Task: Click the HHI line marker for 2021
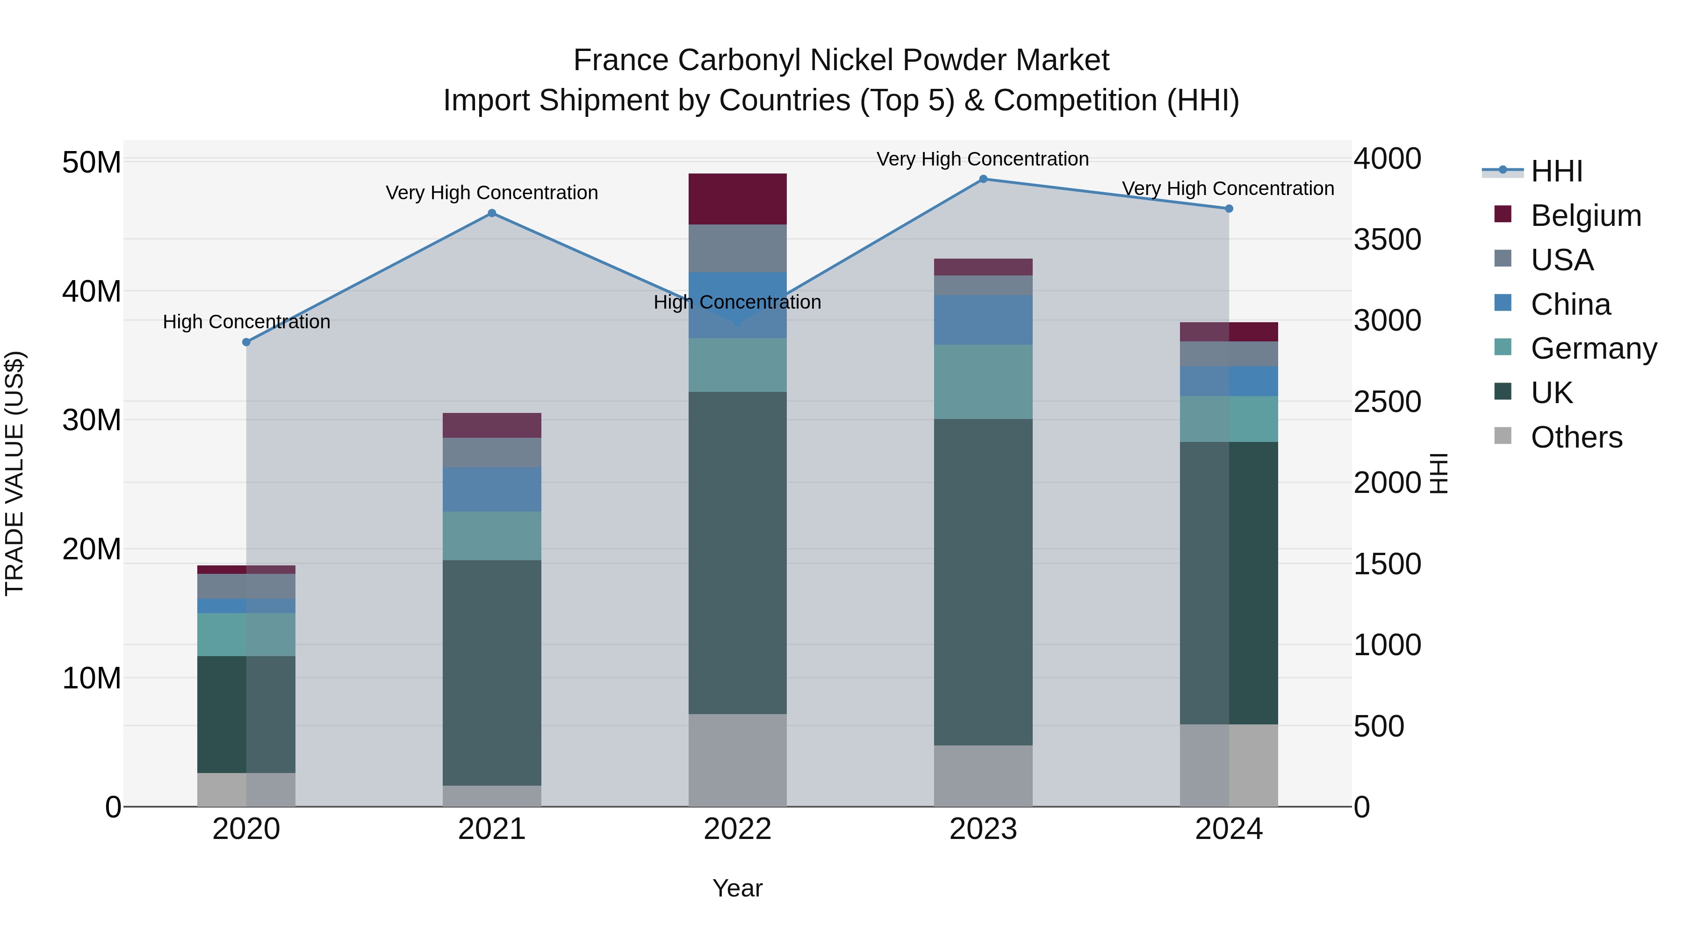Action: click(x=492, y=213)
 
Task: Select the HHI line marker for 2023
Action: click(x=983, y=179)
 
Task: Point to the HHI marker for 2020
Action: click(x=246, y=342)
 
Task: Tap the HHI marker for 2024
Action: click(x=1229, y=209)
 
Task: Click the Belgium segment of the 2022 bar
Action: click(x=738, y=199)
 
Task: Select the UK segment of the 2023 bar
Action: click(x=983, y=582)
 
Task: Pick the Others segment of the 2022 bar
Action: click(x=738, y=760)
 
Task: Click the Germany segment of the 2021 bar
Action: click(x=492, y=536)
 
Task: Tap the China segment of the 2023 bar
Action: click(x=983, y=319)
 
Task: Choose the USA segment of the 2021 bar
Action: click(x=492, y=452)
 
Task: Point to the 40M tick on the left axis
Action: click(x=92, y=291)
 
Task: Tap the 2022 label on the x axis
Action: click(x=738, y=829)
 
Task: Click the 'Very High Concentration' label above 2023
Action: click(x=983, y=159)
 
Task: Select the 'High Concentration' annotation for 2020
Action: click(x=246, y=322)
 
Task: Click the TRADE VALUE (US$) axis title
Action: click(x=14, y=473)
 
